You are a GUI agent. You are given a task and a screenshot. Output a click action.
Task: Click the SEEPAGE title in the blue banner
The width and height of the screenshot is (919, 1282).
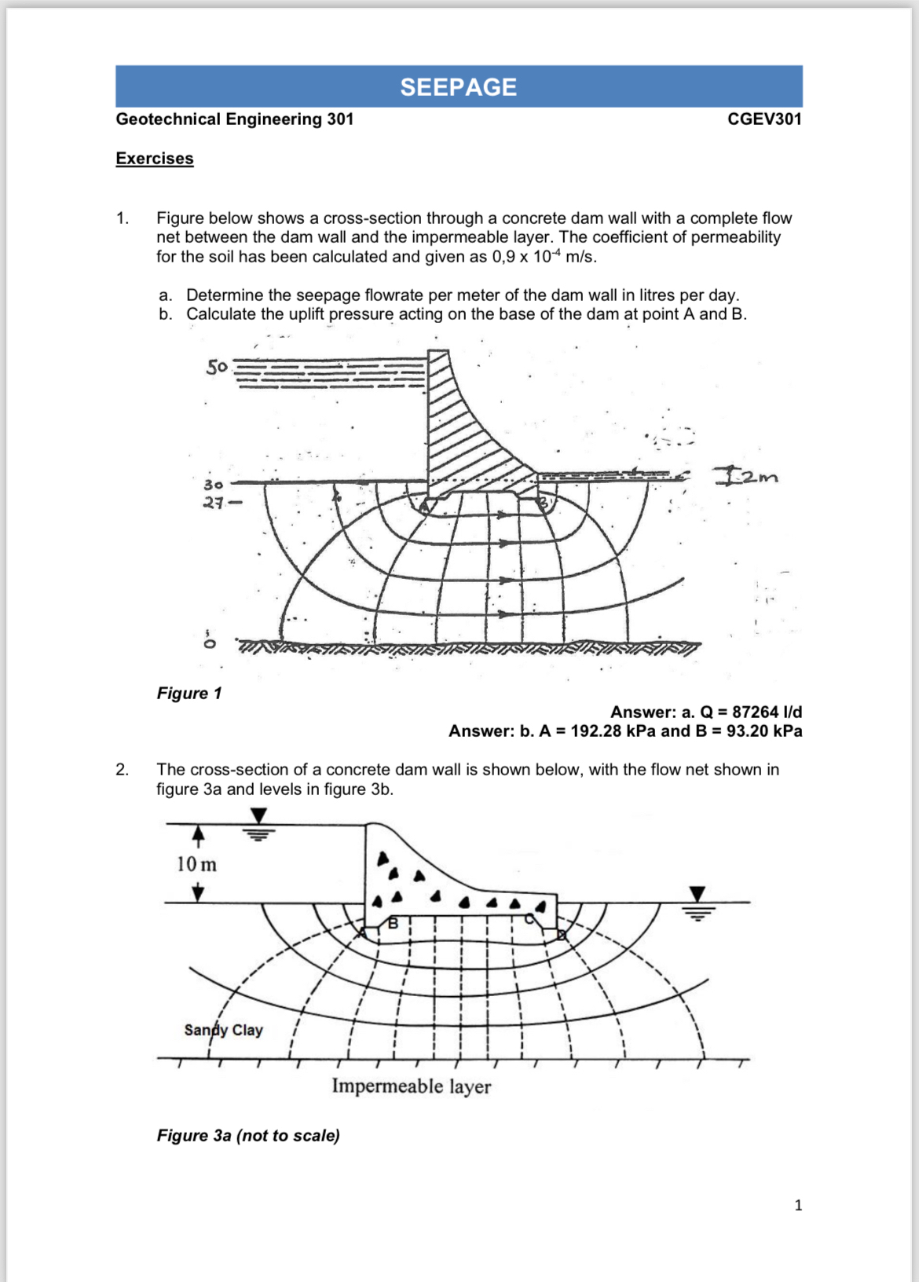click(x=458, y=86)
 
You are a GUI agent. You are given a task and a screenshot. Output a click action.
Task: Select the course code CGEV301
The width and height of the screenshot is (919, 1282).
click(x=763, y=119)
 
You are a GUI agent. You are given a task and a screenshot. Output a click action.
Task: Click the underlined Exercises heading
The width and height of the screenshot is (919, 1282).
click(x=155, y=158)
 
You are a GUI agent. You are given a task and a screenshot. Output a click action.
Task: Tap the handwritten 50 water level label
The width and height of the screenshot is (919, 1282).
click(x=217, y=367)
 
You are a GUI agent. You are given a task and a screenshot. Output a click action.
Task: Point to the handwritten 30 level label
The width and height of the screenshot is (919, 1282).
click(x=213, y=485)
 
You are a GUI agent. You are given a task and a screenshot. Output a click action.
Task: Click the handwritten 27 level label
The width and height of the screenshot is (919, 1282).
click(x=214, y=503)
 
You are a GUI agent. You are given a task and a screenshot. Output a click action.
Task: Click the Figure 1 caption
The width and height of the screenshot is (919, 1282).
click(x=189, y=693)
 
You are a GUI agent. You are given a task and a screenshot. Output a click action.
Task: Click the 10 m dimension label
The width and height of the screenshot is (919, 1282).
click(x=196, y=864)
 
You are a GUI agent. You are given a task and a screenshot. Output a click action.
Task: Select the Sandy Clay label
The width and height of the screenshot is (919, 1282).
click(x=223, y=1030)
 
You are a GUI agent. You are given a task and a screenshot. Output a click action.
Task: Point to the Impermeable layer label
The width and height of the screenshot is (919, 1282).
click(x=411, y=1086)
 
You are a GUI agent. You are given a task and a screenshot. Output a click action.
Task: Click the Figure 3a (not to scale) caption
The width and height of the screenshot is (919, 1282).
click(x=248, y=1135)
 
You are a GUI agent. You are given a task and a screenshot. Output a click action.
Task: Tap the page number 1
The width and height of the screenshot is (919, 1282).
click(x=798, y=1205)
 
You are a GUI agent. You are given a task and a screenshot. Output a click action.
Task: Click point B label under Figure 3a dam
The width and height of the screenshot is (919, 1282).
click(x=394, y=924)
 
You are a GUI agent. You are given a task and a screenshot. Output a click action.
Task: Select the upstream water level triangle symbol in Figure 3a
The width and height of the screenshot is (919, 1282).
click(x=258, y=817)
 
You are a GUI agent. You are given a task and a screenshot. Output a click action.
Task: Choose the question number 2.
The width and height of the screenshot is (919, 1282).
click(x=122, y=770)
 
